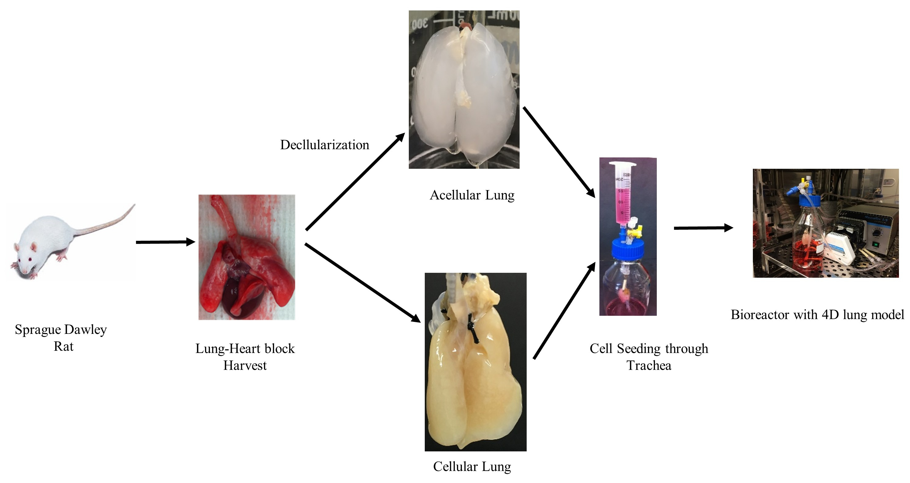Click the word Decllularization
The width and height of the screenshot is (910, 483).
pos(324,145)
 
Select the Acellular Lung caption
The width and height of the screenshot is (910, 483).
pos(472,195)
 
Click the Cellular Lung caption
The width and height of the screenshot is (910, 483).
pos(472,466)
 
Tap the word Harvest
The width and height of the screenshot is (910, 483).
pos(245,365)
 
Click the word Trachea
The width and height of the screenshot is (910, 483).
pos(649,365)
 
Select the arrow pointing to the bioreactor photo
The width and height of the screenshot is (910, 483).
pos(703,228)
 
